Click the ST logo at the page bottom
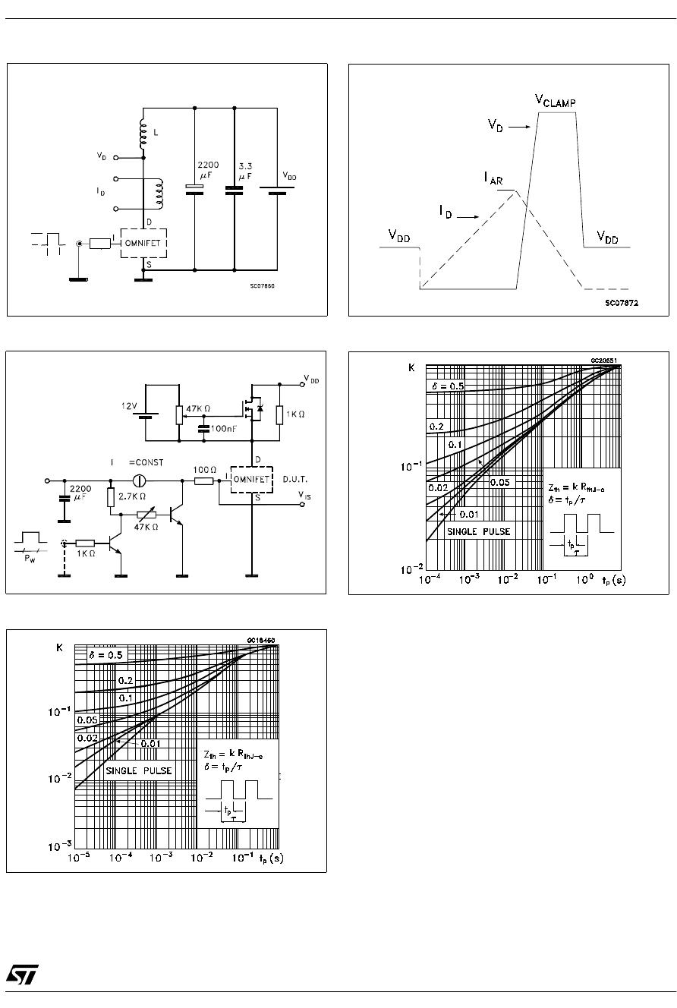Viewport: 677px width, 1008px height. coord(21,975)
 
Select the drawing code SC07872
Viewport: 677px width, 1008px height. coord(622,302)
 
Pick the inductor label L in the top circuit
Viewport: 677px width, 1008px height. coord(156,134)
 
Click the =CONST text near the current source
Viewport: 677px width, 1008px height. coord(146,462)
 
